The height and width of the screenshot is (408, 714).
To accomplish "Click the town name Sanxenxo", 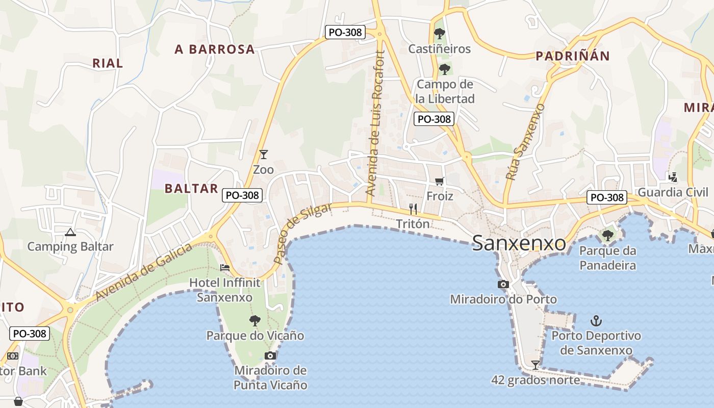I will pyautogui.click(x=519, y=243).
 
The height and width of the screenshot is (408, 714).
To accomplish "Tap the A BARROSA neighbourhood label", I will pyautogui.click(x=214, y=49).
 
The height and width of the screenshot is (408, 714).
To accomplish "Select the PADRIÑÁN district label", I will pyautogui.click(x=572, y=56).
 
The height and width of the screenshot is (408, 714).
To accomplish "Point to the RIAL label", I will pyautogui.click(x=108, y=64).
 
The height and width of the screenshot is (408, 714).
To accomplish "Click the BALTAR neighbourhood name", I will pyautogui.click(x=191, y=189).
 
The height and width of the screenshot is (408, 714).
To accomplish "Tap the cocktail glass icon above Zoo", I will pyautogui.click(x=263, y=155).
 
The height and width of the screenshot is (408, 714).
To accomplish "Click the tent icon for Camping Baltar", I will pyautogui.click(x=70, y=233).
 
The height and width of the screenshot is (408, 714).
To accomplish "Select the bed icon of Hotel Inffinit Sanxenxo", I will pyautogui.click(x=224, y=268).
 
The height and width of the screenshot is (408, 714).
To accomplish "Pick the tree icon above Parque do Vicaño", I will pyautogui.click(x=255, y=321).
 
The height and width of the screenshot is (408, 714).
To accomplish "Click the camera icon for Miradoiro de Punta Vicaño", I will pyautogui.click(x=270, y=355).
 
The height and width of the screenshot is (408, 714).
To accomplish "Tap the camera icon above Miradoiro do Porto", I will pyautogui.click(x=503, y=285).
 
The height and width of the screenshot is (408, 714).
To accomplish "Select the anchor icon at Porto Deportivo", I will pyautogui.click(x=596, y=321).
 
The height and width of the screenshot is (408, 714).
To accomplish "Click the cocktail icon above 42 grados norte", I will pyautogui.click(x=535, y=365).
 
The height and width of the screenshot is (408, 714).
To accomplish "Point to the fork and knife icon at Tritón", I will pyautogui.click(x=413, y=209).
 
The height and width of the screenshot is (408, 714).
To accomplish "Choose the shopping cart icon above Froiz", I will pyautogui.click(x=440, y=181).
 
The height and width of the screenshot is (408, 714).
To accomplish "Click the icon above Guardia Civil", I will pyautogui.click(x=673, y=177).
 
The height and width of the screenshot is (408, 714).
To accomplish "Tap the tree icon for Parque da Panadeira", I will pyautogui.click(x=607, y=236).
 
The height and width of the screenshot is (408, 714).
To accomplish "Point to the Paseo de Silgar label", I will pyautogui.click(x=302, y=233).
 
